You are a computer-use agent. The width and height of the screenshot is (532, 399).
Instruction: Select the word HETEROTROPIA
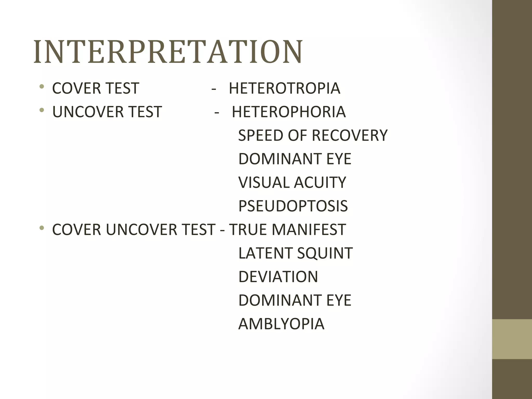point(284,88)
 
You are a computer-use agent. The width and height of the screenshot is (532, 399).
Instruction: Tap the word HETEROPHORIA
point(289,112)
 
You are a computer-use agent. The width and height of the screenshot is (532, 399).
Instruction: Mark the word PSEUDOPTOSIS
point(293,206)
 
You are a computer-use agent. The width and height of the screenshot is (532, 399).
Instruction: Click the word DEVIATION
point(278,277)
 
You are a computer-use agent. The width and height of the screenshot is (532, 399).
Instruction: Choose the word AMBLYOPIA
point(281,324)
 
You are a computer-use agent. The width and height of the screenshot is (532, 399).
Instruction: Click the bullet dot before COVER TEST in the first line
point(42,87)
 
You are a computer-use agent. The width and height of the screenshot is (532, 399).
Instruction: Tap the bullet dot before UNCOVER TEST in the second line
point(42,110)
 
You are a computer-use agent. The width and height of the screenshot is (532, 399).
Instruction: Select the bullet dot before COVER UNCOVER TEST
point(42,228)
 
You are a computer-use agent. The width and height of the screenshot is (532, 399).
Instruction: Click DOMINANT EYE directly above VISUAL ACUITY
point(295,159)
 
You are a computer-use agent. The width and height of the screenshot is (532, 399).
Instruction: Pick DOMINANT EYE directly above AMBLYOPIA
point(295,301)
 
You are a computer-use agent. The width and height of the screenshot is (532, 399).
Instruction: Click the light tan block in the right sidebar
point(512,339)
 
